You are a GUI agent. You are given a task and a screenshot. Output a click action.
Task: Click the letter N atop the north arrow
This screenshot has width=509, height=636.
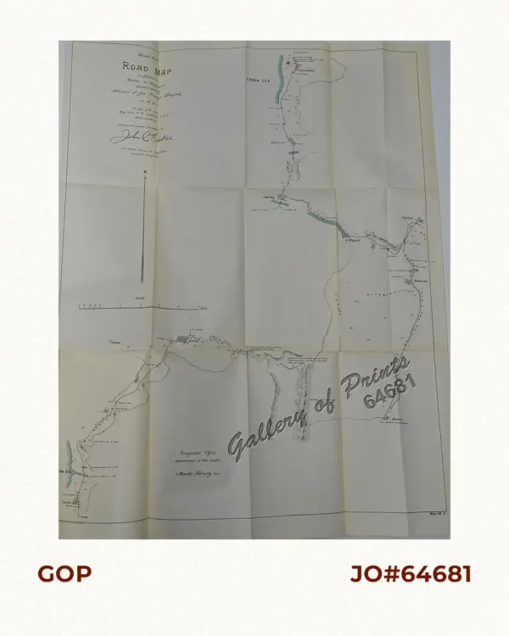click(x=146, y=173)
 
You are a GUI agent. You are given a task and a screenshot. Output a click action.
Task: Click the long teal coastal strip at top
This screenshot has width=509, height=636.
click(x=282, y=80)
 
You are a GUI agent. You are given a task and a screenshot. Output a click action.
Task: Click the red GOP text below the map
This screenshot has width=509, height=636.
click(x=64, y=574)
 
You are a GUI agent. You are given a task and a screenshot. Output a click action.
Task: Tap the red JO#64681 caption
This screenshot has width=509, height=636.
click(x=411, y=574)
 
